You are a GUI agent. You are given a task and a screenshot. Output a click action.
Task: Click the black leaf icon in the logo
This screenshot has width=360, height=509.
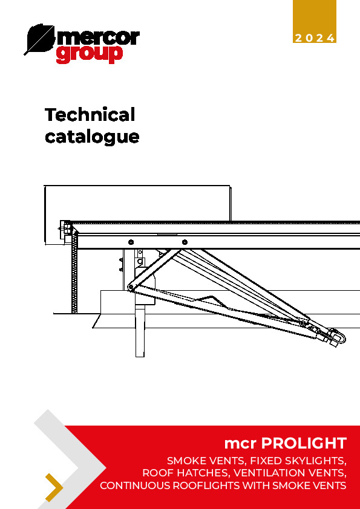(39, 38)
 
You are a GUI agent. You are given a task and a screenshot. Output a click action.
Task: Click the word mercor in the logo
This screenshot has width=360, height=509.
(98, 38)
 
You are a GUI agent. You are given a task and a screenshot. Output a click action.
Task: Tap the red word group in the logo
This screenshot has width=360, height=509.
(90, 54)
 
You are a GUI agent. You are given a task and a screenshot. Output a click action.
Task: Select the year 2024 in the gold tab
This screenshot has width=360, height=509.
(314, 38)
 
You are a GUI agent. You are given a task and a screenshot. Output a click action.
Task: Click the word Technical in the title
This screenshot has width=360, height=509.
(90, 115)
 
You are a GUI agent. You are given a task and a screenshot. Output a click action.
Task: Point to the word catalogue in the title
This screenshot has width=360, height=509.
(92, 137)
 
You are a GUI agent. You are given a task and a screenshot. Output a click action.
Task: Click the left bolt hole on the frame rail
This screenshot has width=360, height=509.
(131, 242)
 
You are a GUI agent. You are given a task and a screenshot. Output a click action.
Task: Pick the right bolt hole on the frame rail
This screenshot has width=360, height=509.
(185, 242)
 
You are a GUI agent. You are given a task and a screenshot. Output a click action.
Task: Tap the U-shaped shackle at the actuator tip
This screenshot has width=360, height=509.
(339, 337)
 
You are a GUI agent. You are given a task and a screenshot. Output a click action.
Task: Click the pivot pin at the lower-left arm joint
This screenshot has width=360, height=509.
(131, 287)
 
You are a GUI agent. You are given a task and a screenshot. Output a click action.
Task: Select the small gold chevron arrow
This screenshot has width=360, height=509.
(54, 487)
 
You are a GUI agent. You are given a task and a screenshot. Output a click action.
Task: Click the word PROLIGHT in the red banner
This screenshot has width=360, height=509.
(304, 444)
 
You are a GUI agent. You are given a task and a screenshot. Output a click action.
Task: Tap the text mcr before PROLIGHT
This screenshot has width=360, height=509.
(241, 444)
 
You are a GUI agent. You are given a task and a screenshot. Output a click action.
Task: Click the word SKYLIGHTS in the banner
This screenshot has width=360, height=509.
(313, 461)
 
